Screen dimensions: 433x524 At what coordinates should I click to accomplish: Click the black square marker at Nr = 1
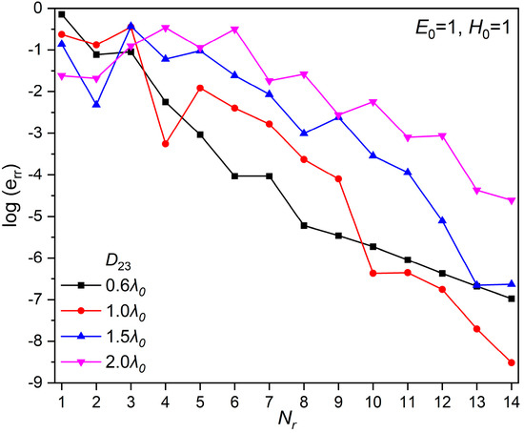click(x=62, y=14)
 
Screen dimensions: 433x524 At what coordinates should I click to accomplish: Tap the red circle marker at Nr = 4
click(x=166, y=144)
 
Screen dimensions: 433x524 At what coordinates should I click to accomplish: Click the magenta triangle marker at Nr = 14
click(x=512, y=200)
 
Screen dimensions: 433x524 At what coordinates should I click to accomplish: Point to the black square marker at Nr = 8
click(x=304, y=225)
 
